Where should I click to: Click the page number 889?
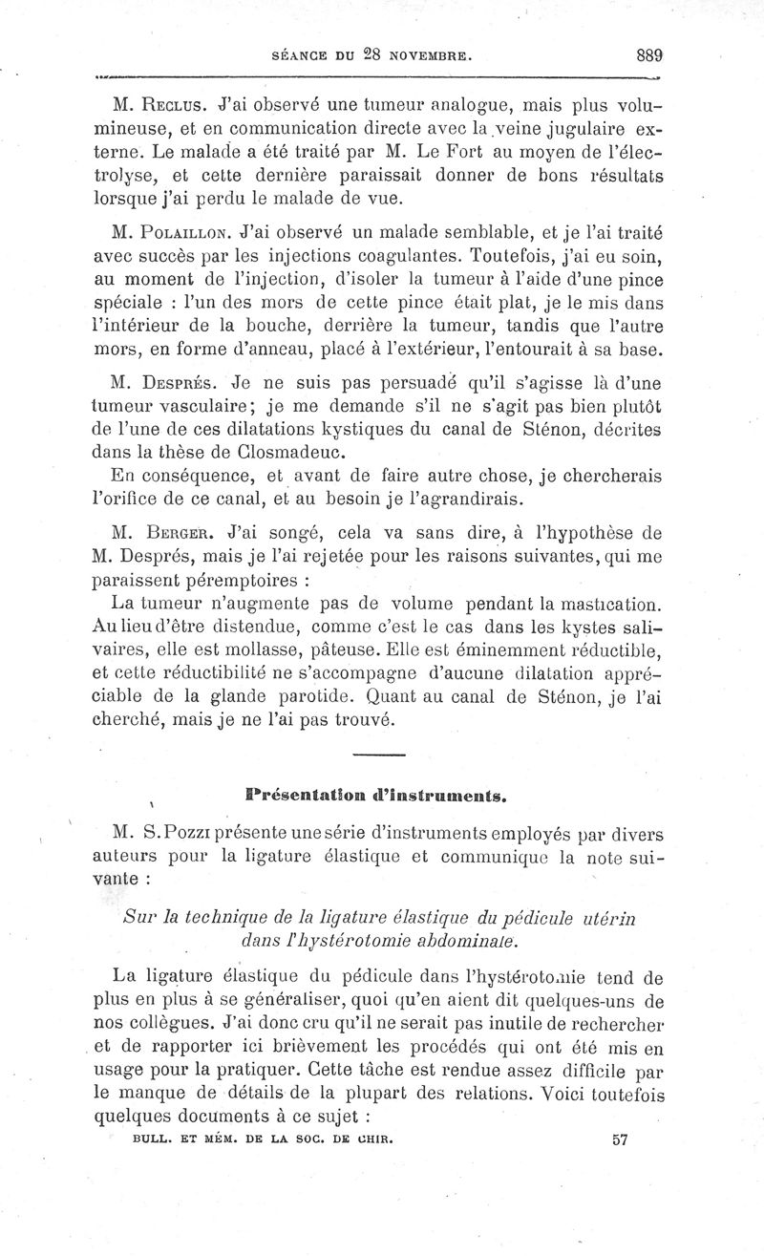pyautogui.click(x=645, y=55)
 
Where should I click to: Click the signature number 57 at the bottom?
pyautogui.click(x=621, y=1139)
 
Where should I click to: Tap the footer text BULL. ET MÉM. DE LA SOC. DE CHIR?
pyautogui.click(x=263, y=1139)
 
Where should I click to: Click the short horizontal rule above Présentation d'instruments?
pyautogui.click(x=379, y=756)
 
